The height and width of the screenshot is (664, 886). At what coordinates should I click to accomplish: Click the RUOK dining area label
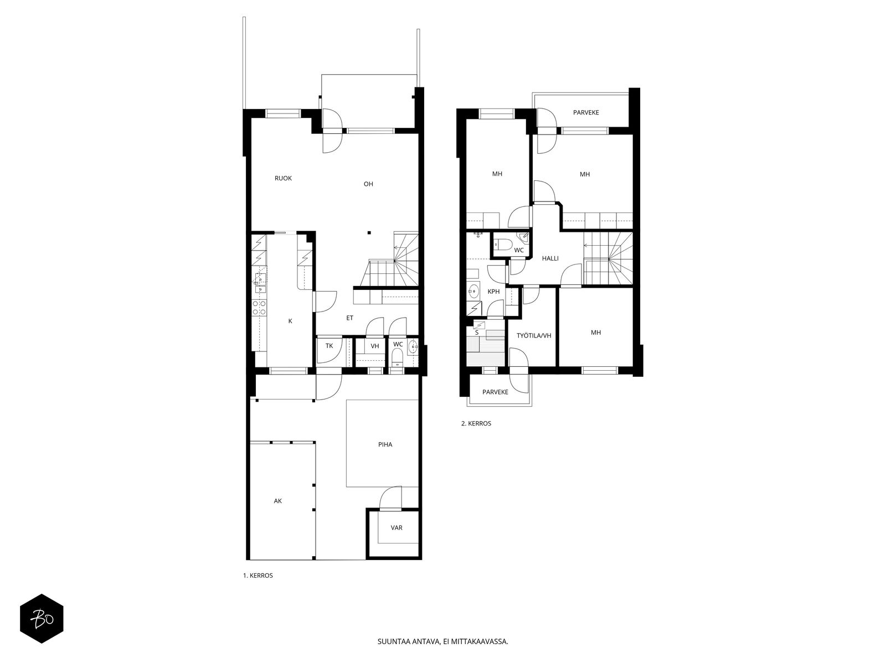click(x=283, y=178)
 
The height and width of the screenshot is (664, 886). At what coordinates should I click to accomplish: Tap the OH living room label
click(x=368, y=184)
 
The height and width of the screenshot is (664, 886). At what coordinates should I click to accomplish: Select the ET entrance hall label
click(x=349, y=318)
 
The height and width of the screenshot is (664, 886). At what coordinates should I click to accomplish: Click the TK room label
click(x=329, y=345)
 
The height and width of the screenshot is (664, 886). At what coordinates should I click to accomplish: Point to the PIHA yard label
click(x=385, y=445)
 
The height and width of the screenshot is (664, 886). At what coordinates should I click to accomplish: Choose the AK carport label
click(x=278, y=501)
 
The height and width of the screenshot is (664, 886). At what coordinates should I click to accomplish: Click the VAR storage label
click(x=396, y=528)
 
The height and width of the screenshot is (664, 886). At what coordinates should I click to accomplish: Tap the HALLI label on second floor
click(x=550, y=258)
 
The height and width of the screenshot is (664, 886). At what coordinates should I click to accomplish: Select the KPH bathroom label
click(x=493, y=292)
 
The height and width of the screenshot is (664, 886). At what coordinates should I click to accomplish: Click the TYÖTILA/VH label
click(x=534, y=335)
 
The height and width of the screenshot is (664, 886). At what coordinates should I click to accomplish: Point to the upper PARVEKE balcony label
click(x=586, y=112)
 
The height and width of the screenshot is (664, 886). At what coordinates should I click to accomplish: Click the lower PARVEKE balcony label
click(x=495, y=392)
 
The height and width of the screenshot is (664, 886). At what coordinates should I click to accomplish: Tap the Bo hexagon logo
click(x=42, y=619)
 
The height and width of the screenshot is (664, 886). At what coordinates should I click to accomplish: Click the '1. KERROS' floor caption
click(x=258, y=575)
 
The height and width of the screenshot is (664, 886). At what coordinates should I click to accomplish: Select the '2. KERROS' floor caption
click(x=476, y=423)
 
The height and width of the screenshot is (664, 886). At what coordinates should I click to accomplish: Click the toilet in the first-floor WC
click(x=398, y=357)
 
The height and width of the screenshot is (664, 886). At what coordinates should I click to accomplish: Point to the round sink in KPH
click(x=473, y=289)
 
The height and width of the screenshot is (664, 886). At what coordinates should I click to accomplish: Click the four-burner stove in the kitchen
click(x=259, y=308)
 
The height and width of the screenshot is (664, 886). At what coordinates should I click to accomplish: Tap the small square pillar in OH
click(x=369, y=232)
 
